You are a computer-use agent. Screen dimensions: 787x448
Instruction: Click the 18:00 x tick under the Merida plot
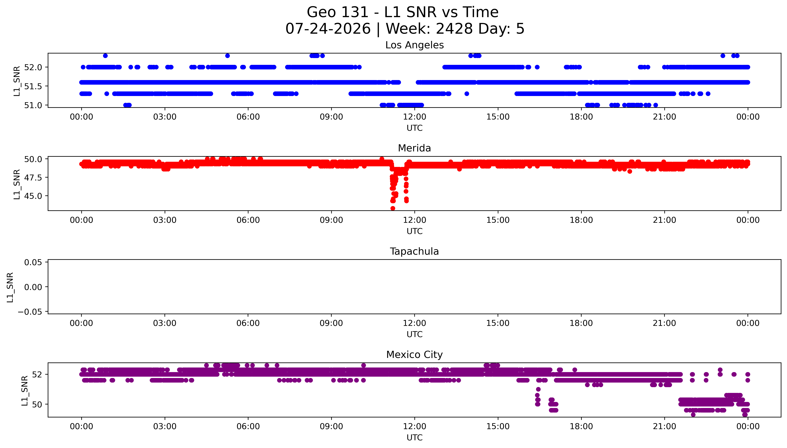(x=581, y=220)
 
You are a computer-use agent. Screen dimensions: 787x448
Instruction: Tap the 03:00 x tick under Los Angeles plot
(x=165, y=117)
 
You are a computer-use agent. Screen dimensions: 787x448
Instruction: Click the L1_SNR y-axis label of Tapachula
(x=10, y=287)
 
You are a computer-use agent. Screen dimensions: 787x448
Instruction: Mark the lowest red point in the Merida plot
(x=393, y=208)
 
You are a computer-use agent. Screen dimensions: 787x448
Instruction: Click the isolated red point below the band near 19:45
(x=630, y=171)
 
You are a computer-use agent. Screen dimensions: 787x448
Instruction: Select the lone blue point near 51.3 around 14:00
(x=467, y=93)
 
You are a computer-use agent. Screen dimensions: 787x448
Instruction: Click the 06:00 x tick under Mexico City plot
(x=248, y=426)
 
